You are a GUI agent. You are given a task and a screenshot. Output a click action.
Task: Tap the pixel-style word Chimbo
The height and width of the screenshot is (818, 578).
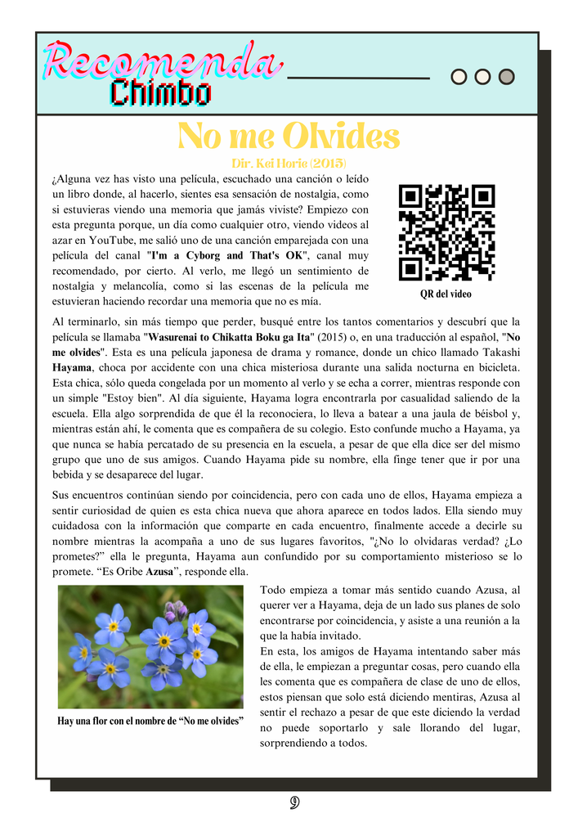[x=161, y=92]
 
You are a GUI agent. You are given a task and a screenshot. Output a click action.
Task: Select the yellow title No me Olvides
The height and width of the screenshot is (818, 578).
[x=289, y=135]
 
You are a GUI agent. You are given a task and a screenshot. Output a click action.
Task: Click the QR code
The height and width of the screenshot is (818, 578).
[x=446, y=233]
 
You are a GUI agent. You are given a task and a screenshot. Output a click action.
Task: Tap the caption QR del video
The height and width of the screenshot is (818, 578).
[x=446, y=294]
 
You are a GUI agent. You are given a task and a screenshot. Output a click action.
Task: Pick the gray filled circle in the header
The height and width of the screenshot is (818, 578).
[x=506, y=77]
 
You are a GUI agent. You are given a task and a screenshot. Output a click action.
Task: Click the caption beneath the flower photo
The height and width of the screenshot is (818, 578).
[x=150, y=721]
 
